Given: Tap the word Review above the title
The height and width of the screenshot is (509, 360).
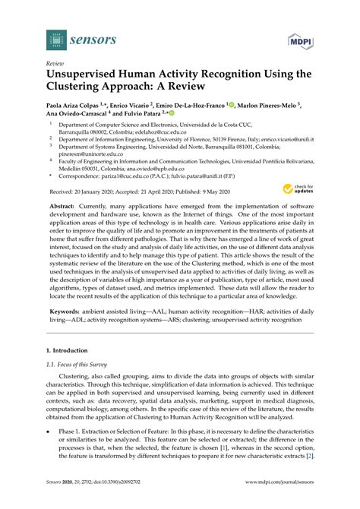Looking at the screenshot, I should tap(55, 65).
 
